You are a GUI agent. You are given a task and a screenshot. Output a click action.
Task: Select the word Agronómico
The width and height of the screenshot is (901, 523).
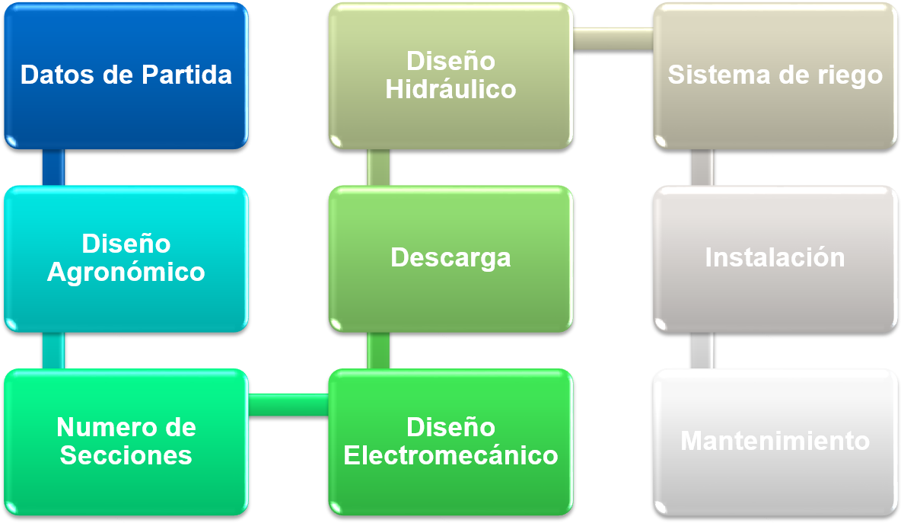point(126,272)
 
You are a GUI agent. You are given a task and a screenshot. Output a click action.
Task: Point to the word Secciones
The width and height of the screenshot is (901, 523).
point(126,455)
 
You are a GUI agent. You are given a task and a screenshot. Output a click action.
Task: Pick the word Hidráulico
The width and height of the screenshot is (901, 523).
point(450,89)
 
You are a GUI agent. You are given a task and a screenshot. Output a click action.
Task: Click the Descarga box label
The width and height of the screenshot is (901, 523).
point(450,257)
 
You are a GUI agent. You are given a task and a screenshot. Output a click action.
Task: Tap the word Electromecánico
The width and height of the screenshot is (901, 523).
point(450,455)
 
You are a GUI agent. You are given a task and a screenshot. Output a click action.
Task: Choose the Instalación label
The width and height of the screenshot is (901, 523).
point(775,257)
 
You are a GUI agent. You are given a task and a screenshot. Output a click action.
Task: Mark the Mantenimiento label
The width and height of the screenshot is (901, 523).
point(775,440)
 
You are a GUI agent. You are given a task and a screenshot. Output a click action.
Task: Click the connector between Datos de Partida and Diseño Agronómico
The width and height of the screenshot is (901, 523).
point(53,167)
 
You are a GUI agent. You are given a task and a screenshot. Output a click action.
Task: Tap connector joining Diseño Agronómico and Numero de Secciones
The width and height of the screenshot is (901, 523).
point(53,350)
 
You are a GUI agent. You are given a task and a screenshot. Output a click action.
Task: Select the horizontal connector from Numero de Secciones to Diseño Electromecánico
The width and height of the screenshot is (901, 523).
point(288,405)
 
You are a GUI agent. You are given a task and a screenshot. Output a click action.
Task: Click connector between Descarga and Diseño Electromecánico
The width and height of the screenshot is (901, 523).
point(378,350)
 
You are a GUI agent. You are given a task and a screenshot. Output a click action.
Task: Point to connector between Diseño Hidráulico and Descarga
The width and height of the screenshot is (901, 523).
point(378,167)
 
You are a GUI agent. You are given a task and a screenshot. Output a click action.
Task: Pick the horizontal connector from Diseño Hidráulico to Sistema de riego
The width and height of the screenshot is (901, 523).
point(613,38)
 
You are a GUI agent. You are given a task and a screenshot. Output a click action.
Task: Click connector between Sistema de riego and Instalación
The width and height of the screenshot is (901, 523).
point(702,167)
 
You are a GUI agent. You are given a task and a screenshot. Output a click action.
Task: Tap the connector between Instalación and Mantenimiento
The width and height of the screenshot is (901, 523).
point(702,350)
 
